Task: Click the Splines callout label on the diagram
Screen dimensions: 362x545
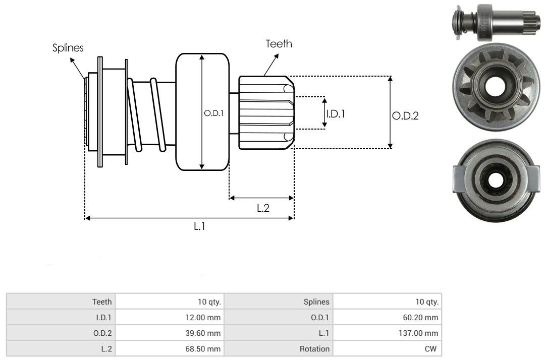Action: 68,48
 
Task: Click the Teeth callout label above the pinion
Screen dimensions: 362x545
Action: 279,44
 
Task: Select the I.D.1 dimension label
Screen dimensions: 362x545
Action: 336,114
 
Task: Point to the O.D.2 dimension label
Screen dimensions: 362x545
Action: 405,116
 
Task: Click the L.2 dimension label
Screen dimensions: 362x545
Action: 263,208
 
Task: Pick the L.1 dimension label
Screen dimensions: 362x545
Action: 200,227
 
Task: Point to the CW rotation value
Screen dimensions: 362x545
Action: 432,348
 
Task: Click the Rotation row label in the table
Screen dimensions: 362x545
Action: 315,348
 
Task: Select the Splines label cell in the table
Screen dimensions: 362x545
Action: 317,301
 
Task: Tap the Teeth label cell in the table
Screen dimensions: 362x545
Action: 102,301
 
